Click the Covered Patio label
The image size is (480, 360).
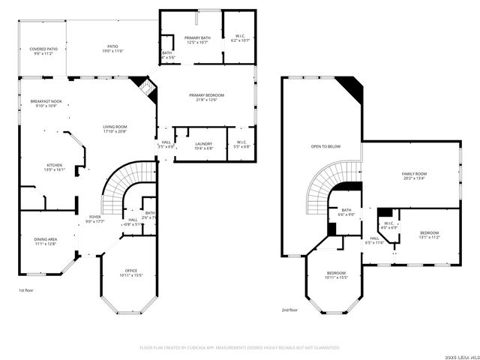(43, 52)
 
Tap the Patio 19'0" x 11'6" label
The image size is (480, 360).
(112, 49)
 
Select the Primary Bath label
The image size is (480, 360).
(198, 40)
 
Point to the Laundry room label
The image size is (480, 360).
(203, 145)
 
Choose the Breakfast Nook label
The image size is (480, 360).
(45, 103)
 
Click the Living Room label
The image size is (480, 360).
(115, 129)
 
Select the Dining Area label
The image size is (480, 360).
(46, 241)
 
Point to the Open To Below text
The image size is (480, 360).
(325, 146)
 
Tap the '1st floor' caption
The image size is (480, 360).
(26, 290)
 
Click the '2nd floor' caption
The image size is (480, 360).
(290, 310)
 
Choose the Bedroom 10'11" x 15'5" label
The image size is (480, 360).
(336, 275)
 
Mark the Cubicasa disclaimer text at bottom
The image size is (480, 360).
(240, 347)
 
